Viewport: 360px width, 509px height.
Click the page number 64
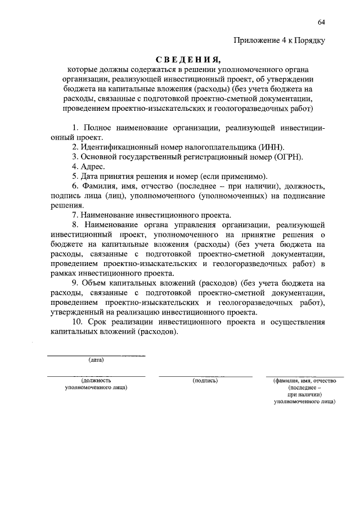click(321, 22)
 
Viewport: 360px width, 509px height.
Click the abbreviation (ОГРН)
click(289, 157)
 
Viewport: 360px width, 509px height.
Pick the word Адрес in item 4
click(91, 166)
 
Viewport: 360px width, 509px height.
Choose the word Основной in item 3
click(99, 157)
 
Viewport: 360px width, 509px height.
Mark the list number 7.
click(74, 215)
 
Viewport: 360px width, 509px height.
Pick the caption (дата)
click(96, 361)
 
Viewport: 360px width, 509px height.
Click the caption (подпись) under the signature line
click(205, 380)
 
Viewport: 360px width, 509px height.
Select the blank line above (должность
click(96, 376)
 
